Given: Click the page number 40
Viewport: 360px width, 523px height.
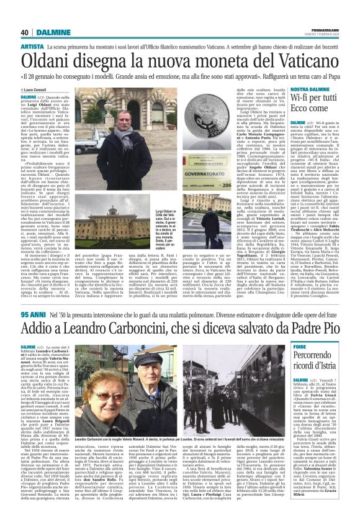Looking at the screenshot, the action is tap(25, 32).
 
